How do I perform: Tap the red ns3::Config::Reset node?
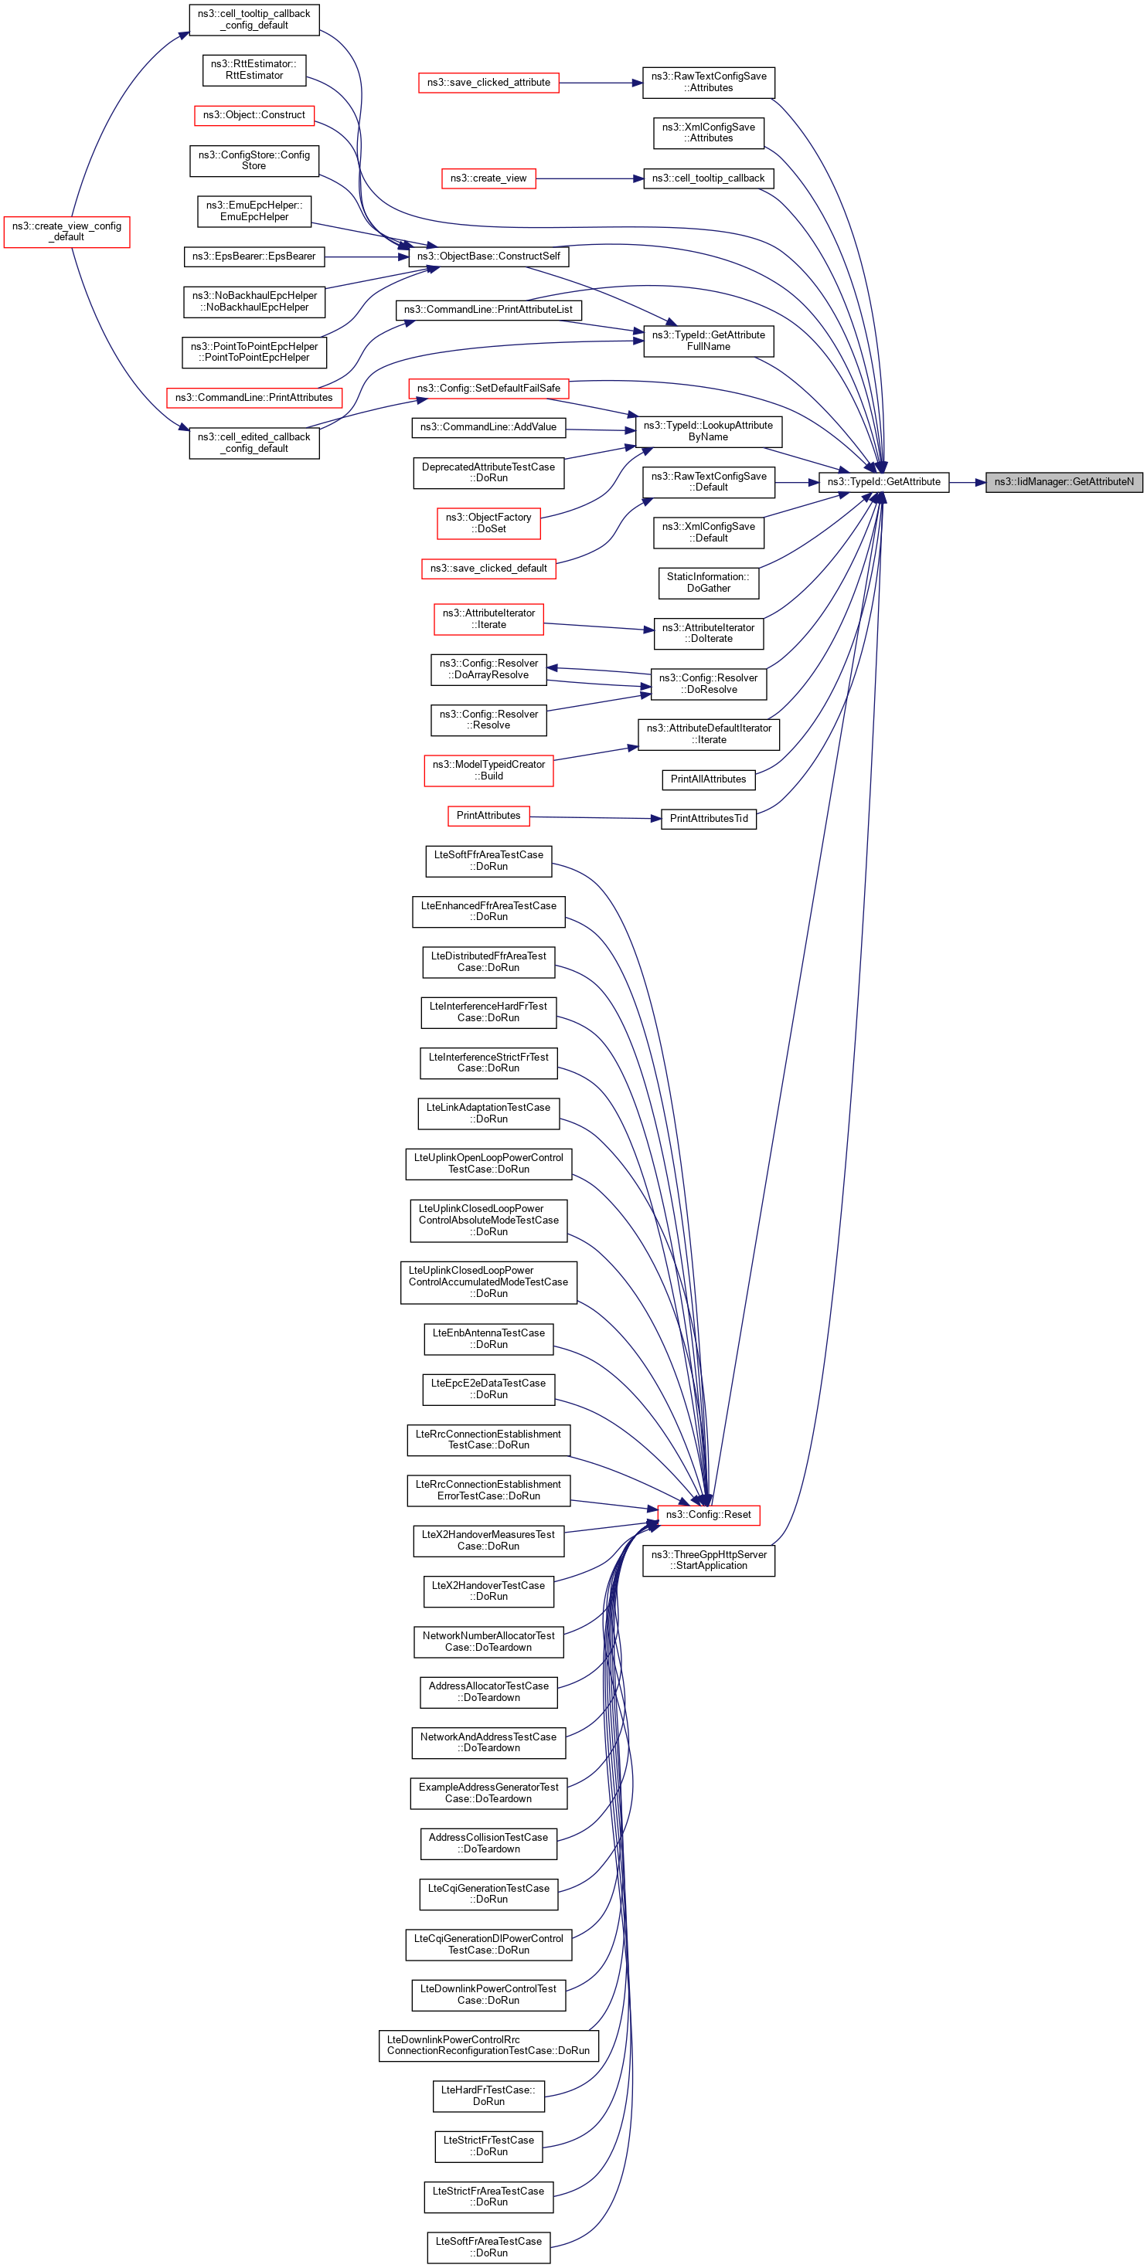708,1514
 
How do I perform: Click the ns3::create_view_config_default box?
67,232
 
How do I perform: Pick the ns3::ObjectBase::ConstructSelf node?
488,256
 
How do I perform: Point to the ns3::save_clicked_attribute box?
488,83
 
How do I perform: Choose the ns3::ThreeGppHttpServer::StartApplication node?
708,1560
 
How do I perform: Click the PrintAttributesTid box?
708,819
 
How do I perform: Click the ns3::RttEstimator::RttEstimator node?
254,70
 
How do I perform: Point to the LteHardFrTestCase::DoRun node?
488,2096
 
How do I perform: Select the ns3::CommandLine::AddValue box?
488,427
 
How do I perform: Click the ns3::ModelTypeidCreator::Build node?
488,770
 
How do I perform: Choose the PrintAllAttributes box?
708,779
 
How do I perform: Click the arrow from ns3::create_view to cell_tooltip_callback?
590,178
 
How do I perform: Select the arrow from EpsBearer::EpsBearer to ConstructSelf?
366,256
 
